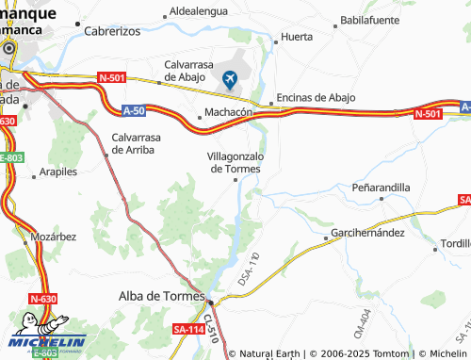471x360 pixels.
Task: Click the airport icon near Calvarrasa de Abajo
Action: (230, 79)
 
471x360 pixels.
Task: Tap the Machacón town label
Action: (228, 111)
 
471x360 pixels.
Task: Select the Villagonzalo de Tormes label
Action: (235, 162)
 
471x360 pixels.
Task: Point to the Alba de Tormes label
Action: (154, 296)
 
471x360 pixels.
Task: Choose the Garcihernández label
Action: (367, 232)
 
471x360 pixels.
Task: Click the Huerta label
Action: (291, 39)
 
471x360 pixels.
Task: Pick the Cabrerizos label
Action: (112, 30)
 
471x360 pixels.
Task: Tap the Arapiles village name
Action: (57, 172)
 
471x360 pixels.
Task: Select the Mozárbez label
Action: (52, 237)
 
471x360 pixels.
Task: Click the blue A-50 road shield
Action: (134, 111)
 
